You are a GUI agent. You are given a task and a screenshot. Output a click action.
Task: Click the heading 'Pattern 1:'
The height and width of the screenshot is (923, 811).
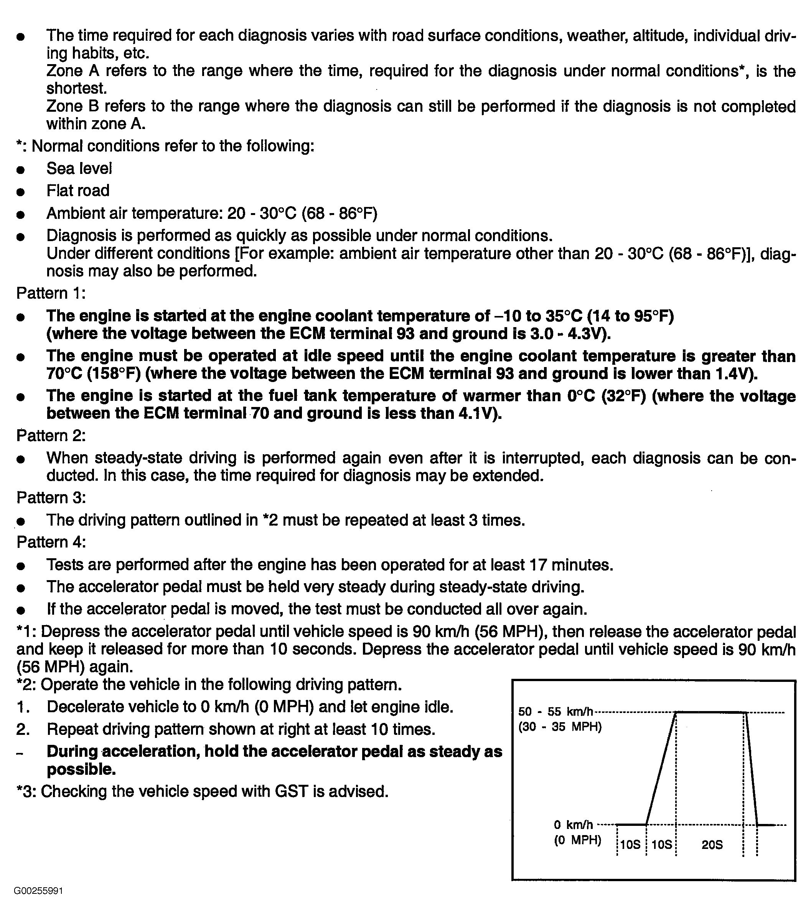[51, 293]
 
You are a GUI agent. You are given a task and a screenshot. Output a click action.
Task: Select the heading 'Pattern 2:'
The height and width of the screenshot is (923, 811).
[51, 435]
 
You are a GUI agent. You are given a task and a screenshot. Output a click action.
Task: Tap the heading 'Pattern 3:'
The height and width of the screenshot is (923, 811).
[51, 498]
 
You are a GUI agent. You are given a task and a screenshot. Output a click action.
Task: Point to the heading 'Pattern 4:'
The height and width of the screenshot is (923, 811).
[51, 542]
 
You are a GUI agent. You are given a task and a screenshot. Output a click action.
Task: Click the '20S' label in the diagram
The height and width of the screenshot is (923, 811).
[712, 844]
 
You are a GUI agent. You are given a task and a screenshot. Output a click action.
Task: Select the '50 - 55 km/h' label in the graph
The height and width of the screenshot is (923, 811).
[555, 712]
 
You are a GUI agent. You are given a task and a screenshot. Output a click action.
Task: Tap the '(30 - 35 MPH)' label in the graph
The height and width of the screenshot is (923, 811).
[560, 728]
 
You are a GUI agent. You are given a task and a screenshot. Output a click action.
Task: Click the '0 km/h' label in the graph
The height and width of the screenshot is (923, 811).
[573, 825]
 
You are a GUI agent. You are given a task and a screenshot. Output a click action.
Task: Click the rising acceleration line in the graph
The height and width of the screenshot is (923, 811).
[661, 768]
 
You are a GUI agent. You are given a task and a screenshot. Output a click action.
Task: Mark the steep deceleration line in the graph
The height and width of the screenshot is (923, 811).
[752, 768]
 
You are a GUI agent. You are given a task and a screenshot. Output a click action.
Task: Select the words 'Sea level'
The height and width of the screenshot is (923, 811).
[79, 169]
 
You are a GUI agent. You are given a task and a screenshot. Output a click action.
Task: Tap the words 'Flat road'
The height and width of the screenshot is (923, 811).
[77, 190]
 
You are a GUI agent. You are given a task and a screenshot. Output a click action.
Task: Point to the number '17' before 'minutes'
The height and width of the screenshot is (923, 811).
[538, 565]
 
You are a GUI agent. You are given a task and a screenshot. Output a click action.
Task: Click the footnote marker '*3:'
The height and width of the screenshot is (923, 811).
[26, 792]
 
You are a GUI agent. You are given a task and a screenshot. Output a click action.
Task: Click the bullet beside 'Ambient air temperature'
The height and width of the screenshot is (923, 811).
[20, 215]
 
